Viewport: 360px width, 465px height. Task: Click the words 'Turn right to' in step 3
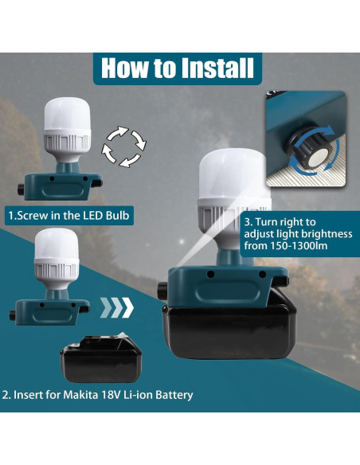click(x=281, y=221)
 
